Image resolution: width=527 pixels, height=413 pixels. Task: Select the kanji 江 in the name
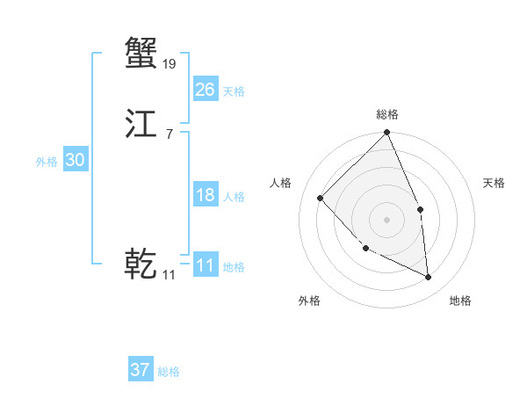point(141,125)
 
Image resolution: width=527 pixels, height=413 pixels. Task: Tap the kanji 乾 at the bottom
point(141,264)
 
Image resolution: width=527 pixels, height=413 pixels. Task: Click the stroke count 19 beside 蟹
point(170,63)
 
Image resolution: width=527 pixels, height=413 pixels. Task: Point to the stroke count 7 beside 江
point(169,134)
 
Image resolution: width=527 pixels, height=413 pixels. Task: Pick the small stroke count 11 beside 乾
point(169,275)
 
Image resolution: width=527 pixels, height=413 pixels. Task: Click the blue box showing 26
point(205,90)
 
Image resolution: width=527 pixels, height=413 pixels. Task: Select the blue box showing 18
point(205,195)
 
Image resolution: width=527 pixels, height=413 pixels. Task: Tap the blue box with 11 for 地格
point(205,266)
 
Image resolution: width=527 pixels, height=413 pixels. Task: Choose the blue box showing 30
point(76,160)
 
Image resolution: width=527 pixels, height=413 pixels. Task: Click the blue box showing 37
point(141,370)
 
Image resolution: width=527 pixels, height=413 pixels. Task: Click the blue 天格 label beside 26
point(234,91)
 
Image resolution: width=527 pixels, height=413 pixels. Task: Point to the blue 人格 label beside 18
point(234,196)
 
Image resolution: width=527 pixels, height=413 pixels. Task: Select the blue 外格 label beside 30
point(47,161)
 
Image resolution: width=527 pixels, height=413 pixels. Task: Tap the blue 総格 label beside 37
point(170,371)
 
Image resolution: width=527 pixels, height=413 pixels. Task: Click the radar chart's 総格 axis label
point(386,114)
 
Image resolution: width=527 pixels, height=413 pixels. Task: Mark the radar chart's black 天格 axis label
point(495,183)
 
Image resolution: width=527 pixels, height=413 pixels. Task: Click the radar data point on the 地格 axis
point(428,277)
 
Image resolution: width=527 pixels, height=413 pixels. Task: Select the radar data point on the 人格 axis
point(321,198)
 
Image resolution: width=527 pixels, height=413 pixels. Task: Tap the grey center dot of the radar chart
point(386,219)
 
